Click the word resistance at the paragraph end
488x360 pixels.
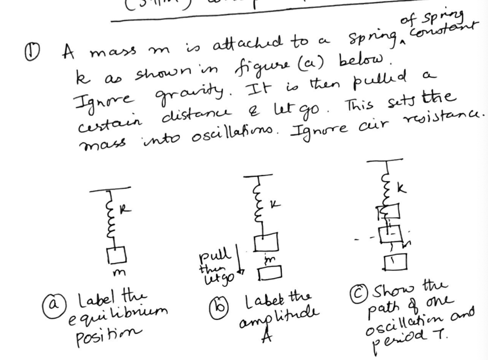click(456, 115)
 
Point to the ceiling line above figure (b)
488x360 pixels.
click(258, 177)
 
